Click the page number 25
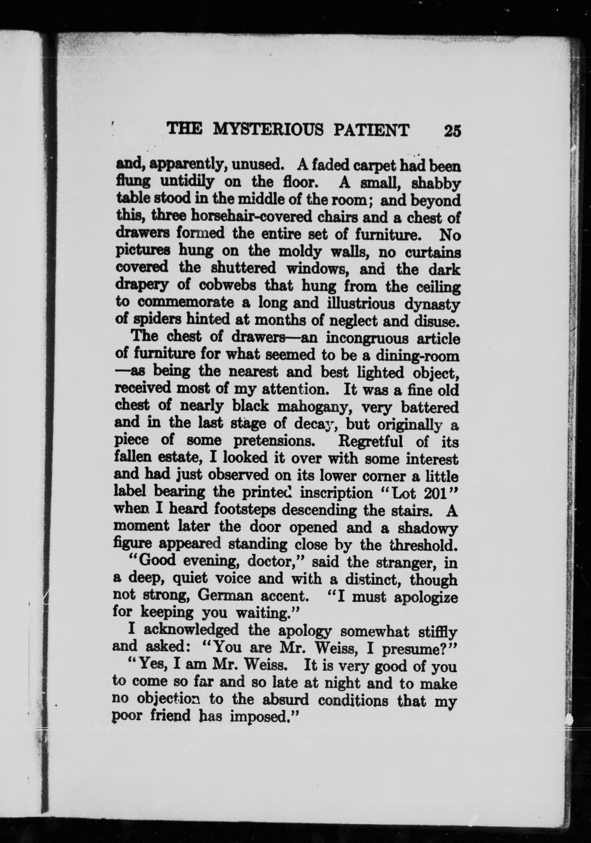tap(452, 130)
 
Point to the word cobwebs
tap(223, 285)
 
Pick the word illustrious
tap(360, 304)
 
